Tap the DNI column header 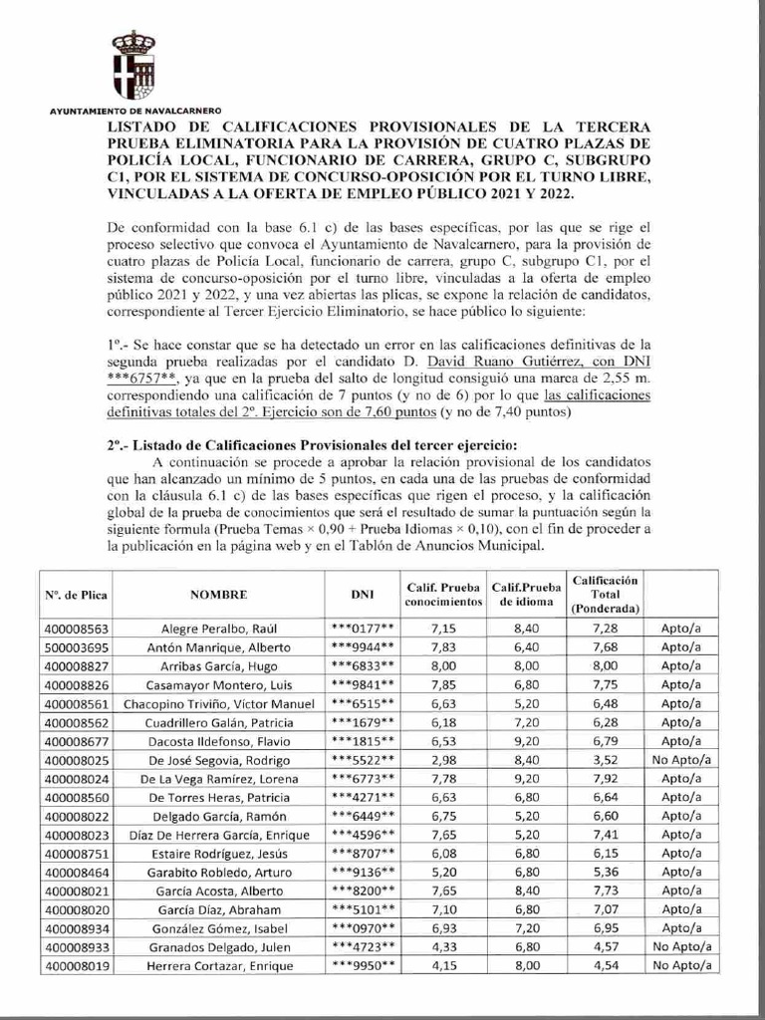(x=363, y=594)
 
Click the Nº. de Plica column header (x=77, y=594)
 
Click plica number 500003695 (x=77, y=646)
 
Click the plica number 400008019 (x=77, y=965)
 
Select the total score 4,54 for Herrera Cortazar (x=606, y=965)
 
